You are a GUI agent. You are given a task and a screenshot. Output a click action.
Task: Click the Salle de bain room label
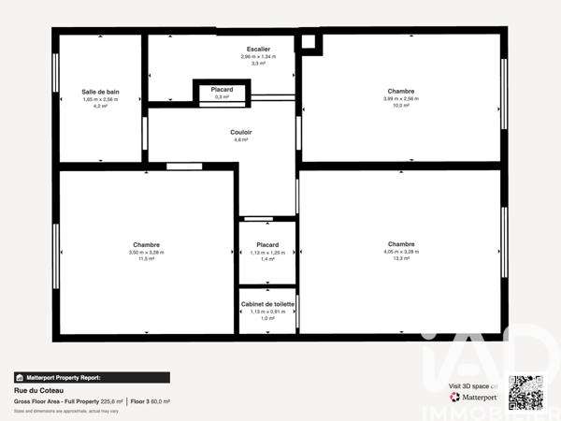pos(100,92)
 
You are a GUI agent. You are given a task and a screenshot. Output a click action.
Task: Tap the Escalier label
pos(259,49)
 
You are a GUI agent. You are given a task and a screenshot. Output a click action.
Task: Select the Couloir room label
pos(241,132)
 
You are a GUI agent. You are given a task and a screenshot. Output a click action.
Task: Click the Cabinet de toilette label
pos(268,305)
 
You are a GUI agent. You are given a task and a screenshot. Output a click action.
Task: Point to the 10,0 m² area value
pos(400,106)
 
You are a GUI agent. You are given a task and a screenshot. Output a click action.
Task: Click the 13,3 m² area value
pos(401,258)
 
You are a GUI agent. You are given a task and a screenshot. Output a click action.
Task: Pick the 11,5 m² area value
pos(147,258)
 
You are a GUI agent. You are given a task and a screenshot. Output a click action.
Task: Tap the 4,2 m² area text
pos(100,106)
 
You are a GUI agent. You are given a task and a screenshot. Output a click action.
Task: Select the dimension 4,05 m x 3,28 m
pos(401,252)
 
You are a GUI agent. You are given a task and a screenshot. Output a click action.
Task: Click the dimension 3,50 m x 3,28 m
pos(147,252)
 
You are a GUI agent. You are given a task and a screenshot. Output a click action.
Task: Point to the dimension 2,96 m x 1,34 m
pos(259,56)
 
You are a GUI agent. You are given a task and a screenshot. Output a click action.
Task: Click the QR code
pos(525,392)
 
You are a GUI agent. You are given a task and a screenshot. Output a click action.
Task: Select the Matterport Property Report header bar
pos(92,378)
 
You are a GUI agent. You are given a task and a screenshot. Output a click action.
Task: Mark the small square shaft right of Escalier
pos(309,42)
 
